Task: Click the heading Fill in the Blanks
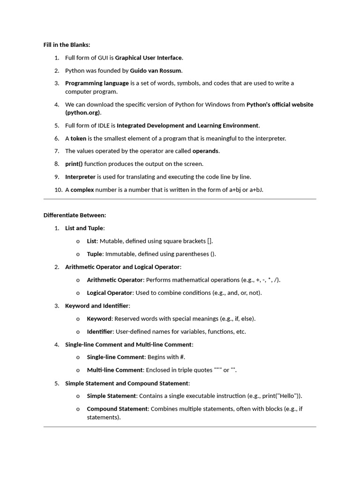click(67, 45)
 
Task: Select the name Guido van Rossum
click(156, 71)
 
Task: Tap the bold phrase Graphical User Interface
click(148, 58)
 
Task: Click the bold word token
click(78, 138)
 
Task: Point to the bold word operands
click(205, 151)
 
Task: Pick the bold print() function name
click(74, 164)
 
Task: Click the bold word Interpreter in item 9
click(80, 177)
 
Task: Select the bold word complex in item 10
click(82, 189)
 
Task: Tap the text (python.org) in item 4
click(83, 113)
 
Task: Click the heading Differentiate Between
click(75, 215)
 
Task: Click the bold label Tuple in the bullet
click(94, 254)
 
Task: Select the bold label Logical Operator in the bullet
click(110, 292)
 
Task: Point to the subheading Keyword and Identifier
click(97, 306)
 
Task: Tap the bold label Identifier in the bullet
click(100, 331)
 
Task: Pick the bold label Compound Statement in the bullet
click(117, 409)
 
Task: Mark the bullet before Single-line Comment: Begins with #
click(78, 357)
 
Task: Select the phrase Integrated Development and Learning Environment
click(187, 126)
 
